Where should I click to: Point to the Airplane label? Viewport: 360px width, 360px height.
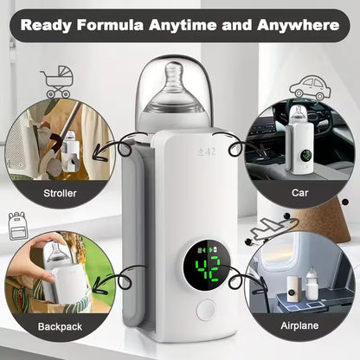[300, 328]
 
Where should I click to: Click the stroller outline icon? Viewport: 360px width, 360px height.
[56, 81]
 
